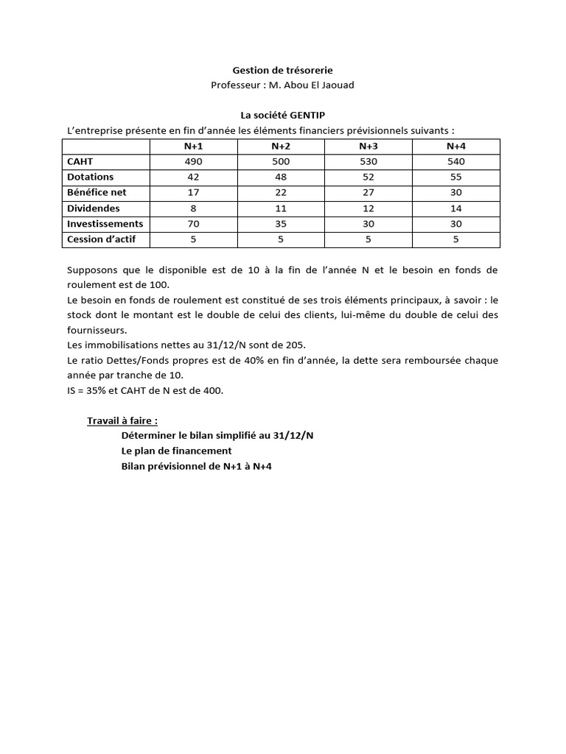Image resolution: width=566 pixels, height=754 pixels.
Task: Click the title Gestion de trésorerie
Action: (x=282, y=70)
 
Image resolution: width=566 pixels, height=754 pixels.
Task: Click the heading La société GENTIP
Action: (x=282, y=116)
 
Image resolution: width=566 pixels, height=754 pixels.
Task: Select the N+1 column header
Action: (x=193, y=147)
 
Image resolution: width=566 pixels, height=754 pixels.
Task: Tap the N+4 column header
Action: (x=456, y=147)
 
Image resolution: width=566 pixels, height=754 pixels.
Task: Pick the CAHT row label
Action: (x=80, y=162)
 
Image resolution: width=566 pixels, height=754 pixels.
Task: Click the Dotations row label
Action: (x=91, y=177)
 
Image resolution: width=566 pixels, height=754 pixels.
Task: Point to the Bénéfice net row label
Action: (x=97, y=193)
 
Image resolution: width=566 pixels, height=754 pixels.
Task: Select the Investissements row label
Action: (x=105, y=224)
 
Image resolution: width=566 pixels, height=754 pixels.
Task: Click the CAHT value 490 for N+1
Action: (x=193, y=162)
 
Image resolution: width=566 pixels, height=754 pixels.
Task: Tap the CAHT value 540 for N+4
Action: (x=456, y=162)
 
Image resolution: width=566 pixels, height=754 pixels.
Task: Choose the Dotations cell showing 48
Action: (x=281, y=177)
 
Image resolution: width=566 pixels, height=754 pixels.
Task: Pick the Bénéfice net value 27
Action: (x=368, y=193)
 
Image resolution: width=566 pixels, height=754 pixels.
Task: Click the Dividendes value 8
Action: (x=193, y=208)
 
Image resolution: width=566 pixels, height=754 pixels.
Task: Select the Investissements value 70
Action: (x=193, y=224)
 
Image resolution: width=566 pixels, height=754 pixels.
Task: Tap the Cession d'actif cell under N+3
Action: (x=368, y=239)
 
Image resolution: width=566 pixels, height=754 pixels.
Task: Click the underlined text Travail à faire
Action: (x=122, y=421)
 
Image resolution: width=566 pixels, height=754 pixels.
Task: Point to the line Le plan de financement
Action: (x=176, y=451)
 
